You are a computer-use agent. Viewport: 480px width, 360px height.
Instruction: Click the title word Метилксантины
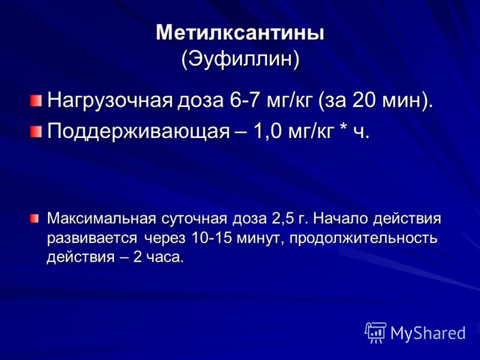240,33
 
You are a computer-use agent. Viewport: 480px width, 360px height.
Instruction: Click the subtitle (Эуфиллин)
240,59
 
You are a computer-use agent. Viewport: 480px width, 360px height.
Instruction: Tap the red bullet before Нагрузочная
36,100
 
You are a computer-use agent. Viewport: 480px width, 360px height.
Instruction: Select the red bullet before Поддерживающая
36,132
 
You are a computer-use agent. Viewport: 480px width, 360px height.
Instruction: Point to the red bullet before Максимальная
34,218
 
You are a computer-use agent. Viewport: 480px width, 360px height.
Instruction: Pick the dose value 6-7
245,100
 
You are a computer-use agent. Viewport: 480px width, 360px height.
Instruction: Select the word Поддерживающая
139,131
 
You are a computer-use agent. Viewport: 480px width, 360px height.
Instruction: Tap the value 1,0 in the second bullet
266,131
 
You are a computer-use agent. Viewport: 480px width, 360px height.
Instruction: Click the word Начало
340,218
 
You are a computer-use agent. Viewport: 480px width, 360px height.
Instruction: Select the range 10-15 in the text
211,238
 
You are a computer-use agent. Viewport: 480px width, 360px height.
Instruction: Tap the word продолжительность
364,239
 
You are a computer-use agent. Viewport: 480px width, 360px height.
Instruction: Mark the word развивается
92,239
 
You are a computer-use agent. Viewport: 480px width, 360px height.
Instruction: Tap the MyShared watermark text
428,333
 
